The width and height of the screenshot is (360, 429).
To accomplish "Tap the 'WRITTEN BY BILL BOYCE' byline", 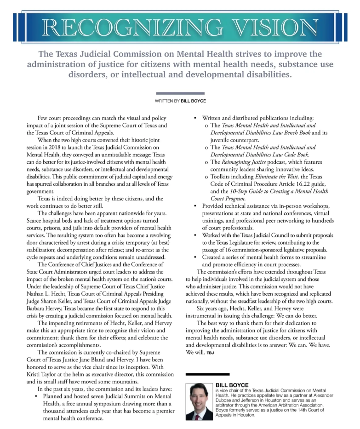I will [180, 100].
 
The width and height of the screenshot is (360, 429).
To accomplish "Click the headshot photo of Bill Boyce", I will [200, 400].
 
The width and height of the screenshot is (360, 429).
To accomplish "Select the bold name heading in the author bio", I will [232, 384].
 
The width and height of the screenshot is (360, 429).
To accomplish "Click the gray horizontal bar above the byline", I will [180, 93].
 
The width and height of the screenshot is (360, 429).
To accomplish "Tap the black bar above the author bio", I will [206, 374].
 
